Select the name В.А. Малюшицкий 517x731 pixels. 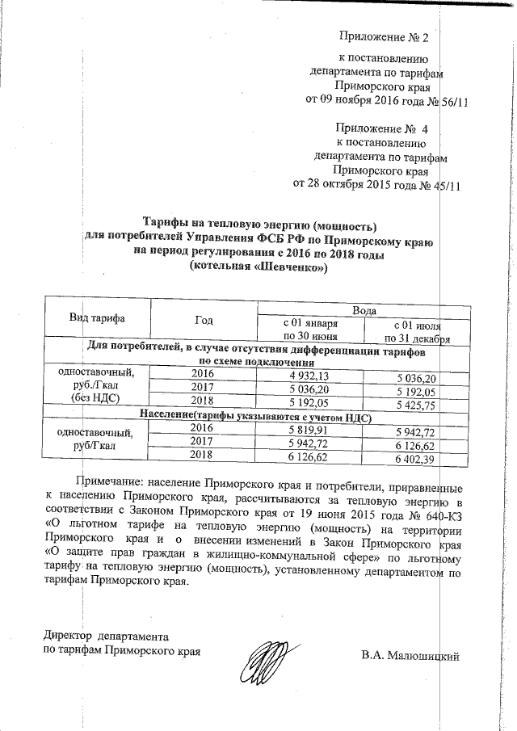[x=410, y=654]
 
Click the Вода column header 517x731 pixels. [x=365, y=310]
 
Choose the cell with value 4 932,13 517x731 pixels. [x=309, y=376]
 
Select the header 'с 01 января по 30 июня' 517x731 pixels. [x=309, y=330]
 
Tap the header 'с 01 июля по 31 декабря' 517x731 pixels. [x=417, y=330]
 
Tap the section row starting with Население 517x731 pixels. [x=254, y=418]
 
